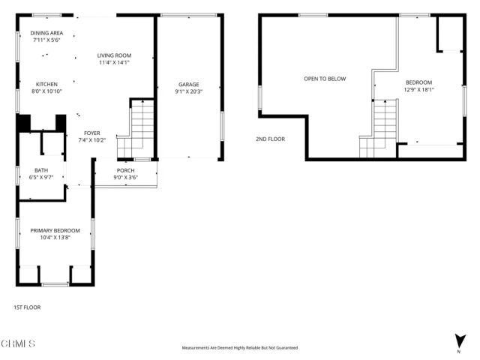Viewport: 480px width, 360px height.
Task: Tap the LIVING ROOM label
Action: pos(115,55)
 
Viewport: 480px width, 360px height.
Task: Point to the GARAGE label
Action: pos(188,85)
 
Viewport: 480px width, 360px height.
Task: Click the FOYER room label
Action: pos(92,133)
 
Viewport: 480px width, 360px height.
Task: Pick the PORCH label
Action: pos(125,170)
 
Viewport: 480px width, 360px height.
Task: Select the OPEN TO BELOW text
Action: pos(325,79)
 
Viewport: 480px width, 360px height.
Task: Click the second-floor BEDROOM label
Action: pos(418,82)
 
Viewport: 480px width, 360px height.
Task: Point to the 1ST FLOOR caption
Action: pos(27,307)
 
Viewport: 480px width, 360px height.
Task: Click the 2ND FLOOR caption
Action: pos(271,139)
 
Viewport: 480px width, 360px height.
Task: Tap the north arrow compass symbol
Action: pos(458,342)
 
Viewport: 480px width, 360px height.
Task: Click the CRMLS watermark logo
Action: pos(18,343)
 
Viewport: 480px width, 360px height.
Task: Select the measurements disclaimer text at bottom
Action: pos(240,348)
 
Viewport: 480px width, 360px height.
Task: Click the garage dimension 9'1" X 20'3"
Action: pos(188,92)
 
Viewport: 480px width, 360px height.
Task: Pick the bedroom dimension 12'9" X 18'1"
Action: pos(418,90)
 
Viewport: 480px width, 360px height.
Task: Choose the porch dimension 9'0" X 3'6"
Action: pos(125,178)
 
